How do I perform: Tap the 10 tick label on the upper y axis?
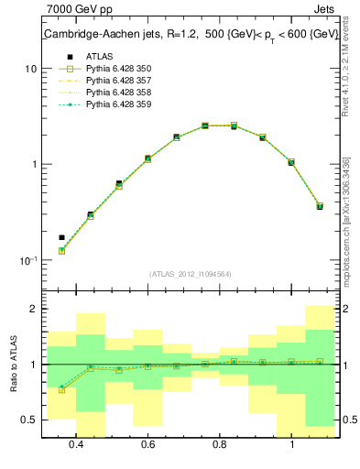30,69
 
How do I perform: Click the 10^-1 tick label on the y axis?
28,260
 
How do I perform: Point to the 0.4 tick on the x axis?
76,444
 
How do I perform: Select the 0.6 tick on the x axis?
147,444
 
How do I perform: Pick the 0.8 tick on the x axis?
220,444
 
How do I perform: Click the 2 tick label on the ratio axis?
33,310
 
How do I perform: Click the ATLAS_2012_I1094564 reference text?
191,274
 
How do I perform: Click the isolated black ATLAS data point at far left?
62,237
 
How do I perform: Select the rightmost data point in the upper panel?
320,206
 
